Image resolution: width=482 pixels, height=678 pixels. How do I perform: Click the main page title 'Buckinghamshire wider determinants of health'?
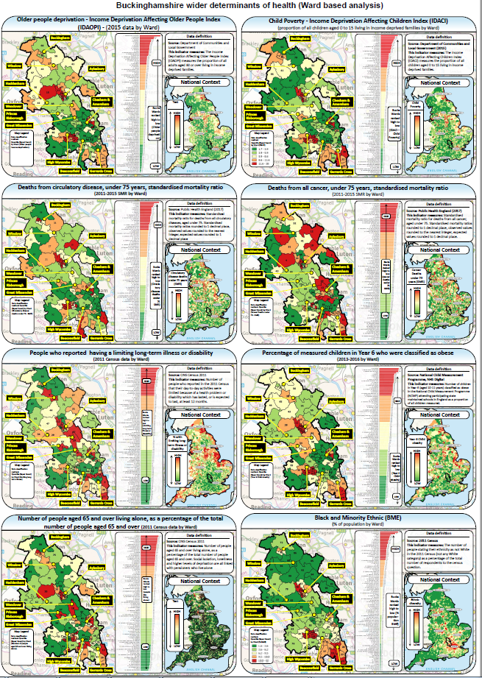coord(241,6)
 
